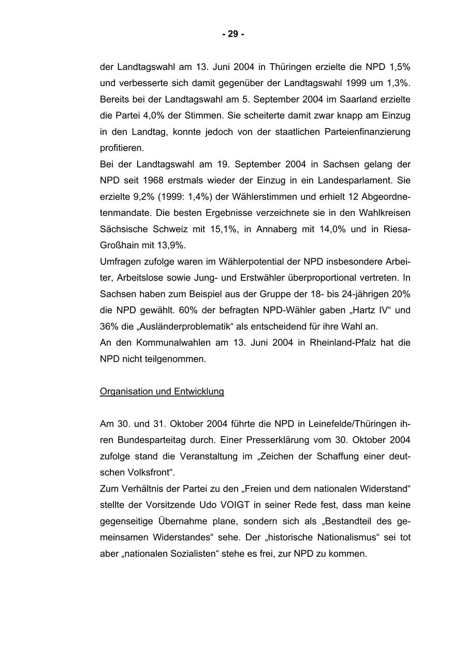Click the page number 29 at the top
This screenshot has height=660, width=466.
click(x=233, y=34)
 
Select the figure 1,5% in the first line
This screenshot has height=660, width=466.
click(x=398, y=67)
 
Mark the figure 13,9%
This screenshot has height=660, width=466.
click(x=174, y=245)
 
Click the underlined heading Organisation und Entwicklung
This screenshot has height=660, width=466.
click(x=162, y=391)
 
